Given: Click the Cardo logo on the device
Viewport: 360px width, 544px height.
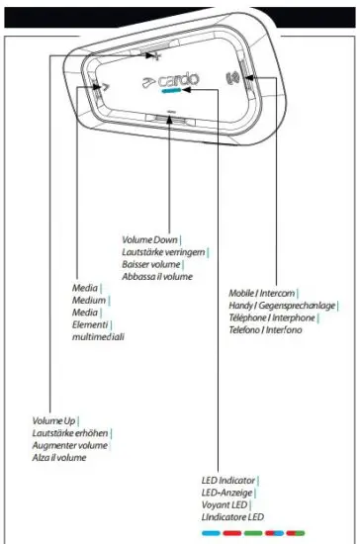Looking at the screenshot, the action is coord(174,76).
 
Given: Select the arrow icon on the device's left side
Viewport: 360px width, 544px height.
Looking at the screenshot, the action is coord(103,86).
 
